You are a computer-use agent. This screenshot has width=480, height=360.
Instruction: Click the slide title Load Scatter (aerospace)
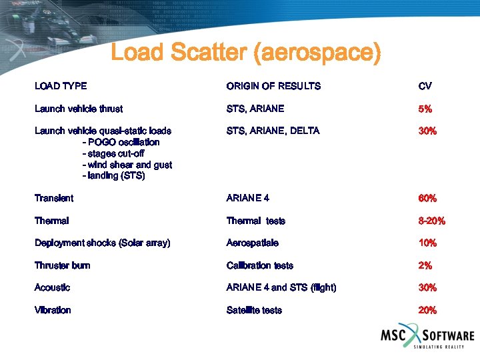[x=245, y=53]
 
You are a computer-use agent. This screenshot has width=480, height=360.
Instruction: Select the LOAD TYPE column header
[x=61, y=86]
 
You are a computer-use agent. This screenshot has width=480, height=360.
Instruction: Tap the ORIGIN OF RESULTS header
[x=273, y=86]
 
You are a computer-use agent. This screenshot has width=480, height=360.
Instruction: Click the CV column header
[x=425, y=86]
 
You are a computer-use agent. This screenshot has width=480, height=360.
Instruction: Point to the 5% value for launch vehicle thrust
[x=425, y=109]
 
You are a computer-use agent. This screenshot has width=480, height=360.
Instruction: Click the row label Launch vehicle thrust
[x=79, y=109]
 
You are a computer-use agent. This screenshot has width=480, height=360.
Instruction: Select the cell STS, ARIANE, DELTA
[x=273, y=131]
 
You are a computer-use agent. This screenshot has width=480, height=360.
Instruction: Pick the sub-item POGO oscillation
[x=121, y=142]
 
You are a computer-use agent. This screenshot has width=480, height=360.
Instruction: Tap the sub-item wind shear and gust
[x=127, y=165]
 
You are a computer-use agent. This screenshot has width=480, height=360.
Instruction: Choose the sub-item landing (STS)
[x=113, y=176]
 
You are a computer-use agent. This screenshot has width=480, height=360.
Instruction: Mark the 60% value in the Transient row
[x=427, y=198]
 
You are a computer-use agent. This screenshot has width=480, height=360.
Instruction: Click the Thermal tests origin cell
[x=256, y=221]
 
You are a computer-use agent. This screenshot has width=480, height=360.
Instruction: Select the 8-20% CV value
[x=432, y=221]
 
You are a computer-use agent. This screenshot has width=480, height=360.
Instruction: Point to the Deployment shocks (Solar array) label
[x=103, y=243]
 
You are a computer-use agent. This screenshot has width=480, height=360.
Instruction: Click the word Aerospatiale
[x=253, y=243]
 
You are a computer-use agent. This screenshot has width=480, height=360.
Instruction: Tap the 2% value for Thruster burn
[x=425, y=265]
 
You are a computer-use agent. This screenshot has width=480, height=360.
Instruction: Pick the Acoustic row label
[x=53, y=287]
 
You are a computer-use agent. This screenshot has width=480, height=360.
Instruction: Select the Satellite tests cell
[x=254, y=310]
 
